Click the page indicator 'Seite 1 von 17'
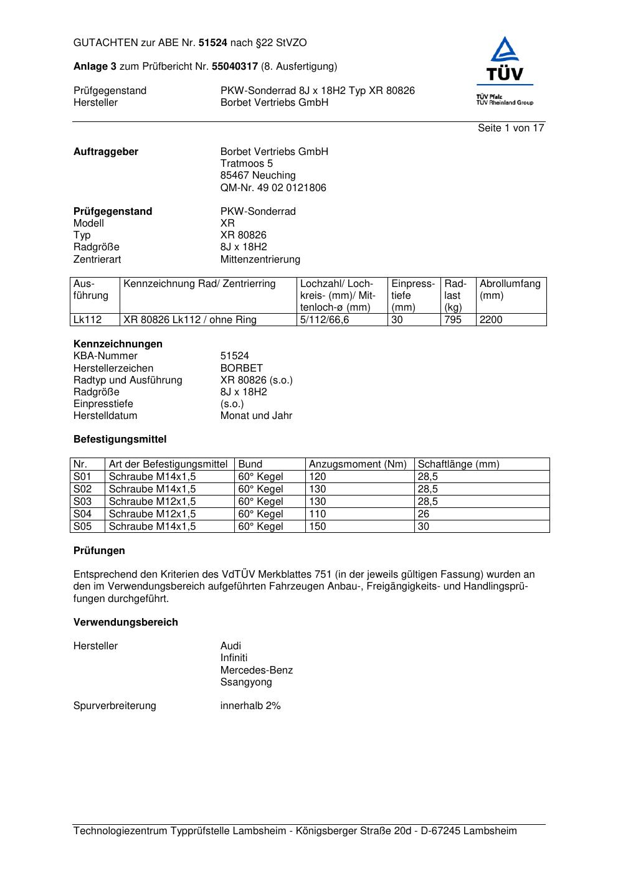[511, 128]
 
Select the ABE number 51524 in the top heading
[213, 43]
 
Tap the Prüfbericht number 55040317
[235, 67]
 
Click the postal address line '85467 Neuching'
[258, 176]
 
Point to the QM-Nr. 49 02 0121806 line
[273, 188]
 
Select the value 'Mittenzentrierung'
[260, 260]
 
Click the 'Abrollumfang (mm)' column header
[510, 289]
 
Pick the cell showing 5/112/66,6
[325, 320]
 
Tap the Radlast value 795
[453, 320]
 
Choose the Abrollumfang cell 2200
[491, 320]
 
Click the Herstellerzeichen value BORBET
[242, 369]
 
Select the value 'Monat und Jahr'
[256, 416]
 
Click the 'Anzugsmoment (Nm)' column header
[358, 464]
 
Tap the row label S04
[83, 514]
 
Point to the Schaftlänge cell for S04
[424, 514]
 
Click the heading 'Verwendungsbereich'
[126, 623]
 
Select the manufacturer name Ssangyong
[246, 682]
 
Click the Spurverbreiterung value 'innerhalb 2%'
[250, 706]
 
